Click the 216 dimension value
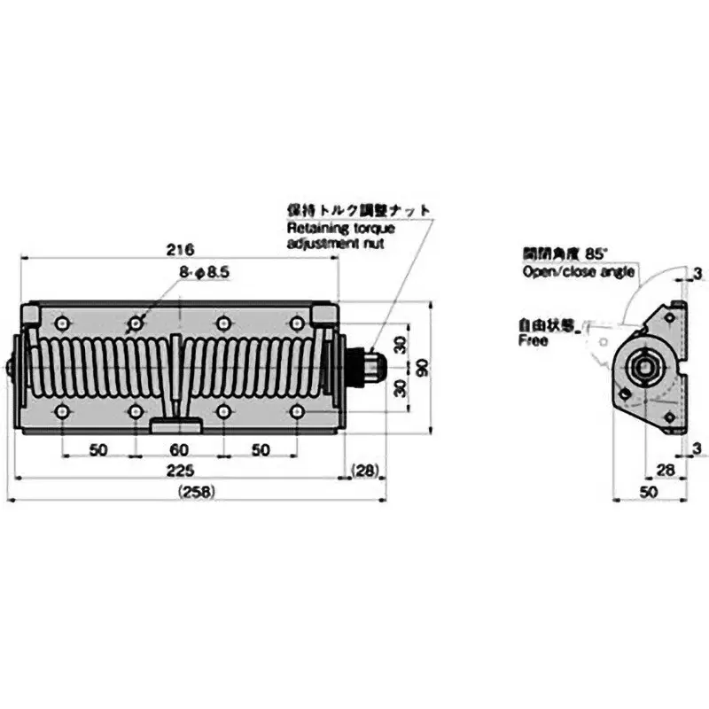pyautogui.click(x=180, y=249)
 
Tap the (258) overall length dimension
pyautogui.click(x=196, y=492)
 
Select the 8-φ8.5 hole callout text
pyautogui.click(x=205, y=274)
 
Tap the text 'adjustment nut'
pyautogui.click(x=336, y=242)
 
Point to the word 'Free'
pyautogui.click(x=534, y=340)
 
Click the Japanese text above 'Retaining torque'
pyautogui.click(x=359, y=211)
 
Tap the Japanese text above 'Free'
pyautogui.click(x=547, y=325)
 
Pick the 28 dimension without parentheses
pyautogui.click(x=666, y=470)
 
